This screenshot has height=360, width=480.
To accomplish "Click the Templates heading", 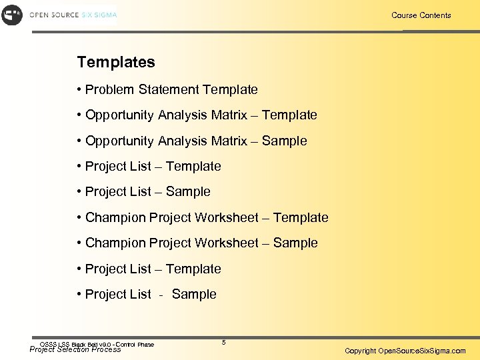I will [116, 63].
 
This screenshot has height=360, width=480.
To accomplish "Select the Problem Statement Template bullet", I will [171, 89].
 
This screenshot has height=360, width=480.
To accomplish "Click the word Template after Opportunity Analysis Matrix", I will [289, 115].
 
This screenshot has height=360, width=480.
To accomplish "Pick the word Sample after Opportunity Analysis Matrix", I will [284, 141].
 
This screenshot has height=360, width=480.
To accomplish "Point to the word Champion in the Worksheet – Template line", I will [115, 217].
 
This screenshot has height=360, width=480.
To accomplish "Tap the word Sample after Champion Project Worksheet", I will [295, 243].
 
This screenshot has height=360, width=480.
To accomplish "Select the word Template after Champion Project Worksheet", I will [301, 217].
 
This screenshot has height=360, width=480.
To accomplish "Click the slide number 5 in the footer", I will [224, 342].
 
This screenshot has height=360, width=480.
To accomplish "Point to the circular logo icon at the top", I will [12, 15].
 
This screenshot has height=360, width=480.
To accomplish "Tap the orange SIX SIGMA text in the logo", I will [99, 15].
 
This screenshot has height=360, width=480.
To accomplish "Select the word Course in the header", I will [404, 15].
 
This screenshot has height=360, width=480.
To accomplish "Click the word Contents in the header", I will [435, 15].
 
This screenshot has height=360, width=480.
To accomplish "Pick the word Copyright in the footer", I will [360, 351].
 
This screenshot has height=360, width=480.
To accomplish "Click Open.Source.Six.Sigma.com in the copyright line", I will [422, 351].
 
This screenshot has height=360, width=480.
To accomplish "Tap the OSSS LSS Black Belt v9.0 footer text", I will [96, 344].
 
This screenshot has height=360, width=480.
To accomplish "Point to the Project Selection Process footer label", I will [75, 349].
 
